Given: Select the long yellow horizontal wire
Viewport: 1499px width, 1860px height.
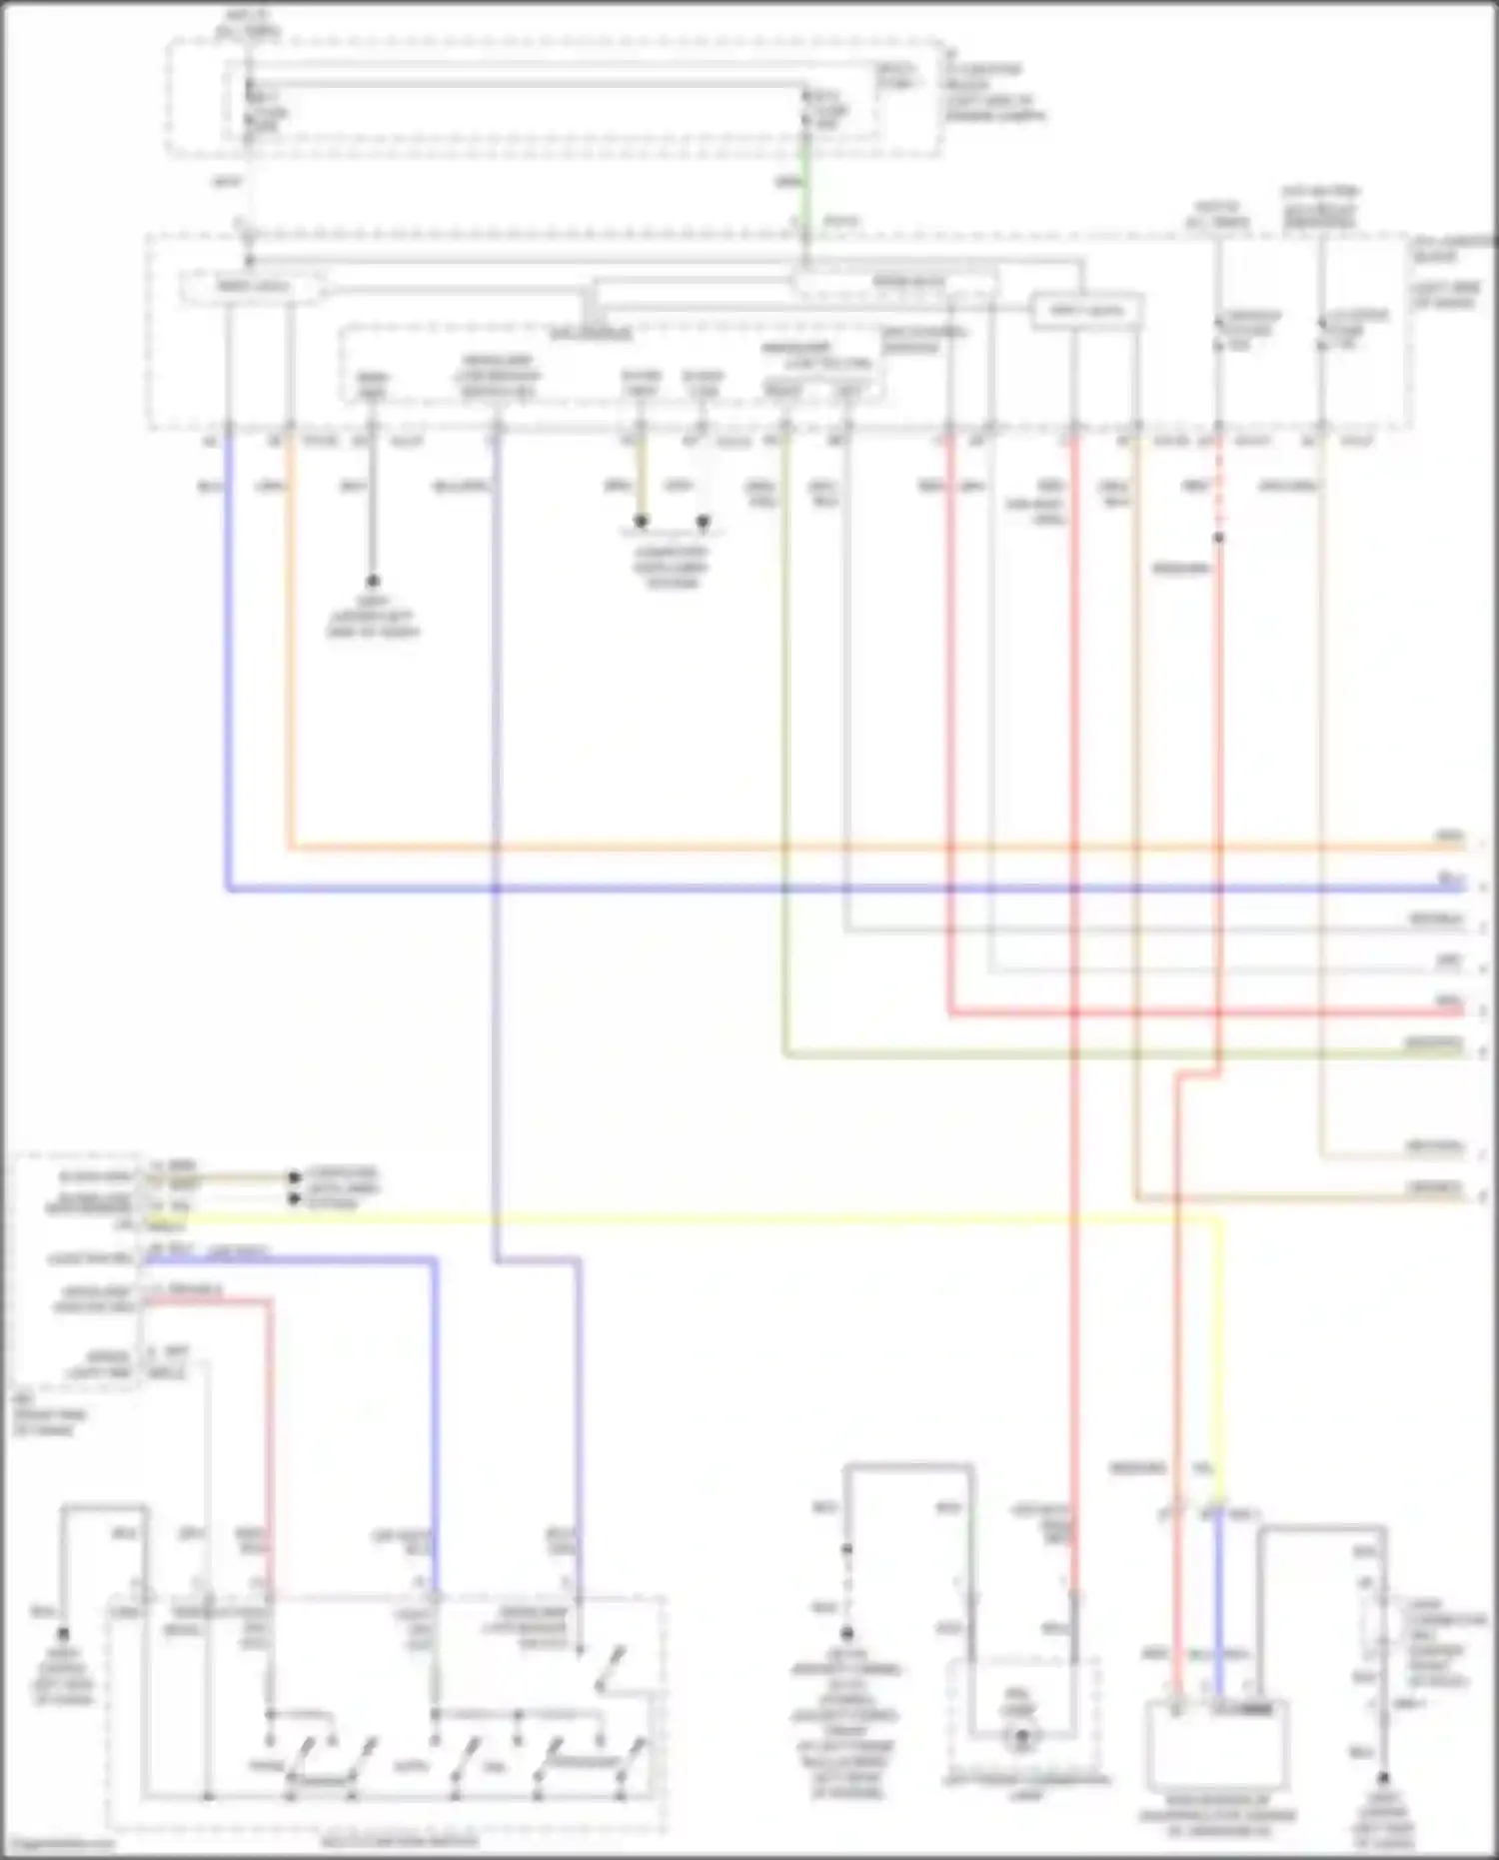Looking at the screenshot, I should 700,1219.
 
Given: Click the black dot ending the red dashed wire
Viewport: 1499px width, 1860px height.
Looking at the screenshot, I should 1219,538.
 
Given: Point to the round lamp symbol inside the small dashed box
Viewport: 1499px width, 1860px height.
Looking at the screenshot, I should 1021,1740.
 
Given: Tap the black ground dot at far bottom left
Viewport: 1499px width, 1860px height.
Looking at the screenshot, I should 63,1634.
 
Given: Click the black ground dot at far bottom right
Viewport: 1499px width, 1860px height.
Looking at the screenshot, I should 1384,1779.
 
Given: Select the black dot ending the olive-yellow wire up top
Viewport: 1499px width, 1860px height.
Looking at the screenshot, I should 642,522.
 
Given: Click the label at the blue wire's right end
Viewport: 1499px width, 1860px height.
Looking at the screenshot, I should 1450,879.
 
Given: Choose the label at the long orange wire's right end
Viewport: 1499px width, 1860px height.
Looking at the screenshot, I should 1449,837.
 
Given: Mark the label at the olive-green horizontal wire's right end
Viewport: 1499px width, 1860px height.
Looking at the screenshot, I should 1434,1043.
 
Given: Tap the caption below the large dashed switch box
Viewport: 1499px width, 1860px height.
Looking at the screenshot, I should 400,1841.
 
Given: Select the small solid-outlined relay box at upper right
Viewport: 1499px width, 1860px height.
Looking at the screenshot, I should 1086,311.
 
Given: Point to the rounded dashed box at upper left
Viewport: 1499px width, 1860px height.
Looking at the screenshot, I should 253,288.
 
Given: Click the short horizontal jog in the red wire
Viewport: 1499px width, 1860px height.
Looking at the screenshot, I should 1198,1075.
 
